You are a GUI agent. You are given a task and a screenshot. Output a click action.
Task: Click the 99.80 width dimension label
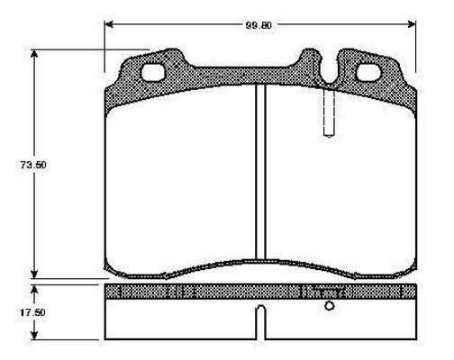pyautogui.click(x=259, y=25)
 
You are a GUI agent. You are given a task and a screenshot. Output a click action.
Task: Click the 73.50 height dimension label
pyautogui.click(x=33, y=165)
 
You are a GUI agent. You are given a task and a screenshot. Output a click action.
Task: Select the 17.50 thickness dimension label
pyautogui.click(x=32, y=312)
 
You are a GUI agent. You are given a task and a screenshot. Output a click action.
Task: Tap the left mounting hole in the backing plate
pyautogui.click(x=153, y=72)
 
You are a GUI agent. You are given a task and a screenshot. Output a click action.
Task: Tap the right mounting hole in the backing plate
pyautogui.click(x=368, y=73)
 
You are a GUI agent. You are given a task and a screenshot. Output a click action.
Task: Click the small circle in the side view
pyautogui.click(x=330, y=306)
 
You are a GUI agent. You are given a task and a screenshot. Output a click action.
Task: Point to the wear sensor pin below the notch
pyautogui.click(x=329, y=112)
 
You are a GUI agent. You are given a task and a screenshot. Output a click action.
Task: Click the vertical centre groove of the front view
pyautogui.click(x=260, y=172)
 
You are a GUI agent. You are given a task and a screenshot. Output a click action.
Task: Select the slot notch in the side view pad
pyautogui.click(x=261, y=322)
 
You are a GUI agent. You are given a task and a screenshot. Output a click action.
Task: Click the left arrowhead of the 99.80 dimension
pyautogui.click(x=109, y=24)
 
